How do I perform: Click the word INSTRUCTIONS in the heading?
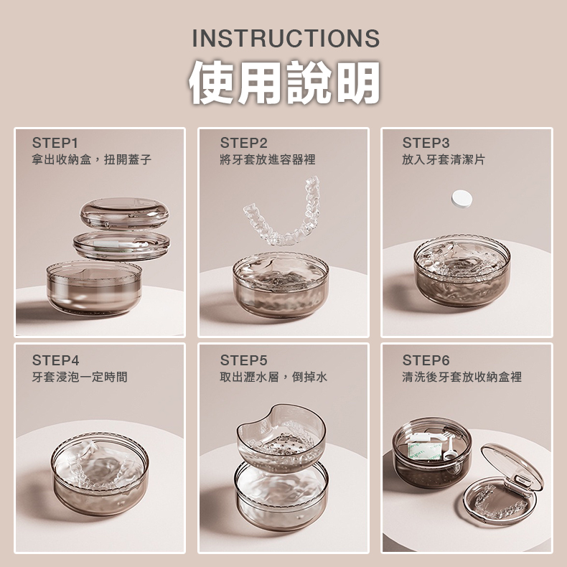[286, 38]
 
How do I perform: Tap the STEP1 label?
[55, 143]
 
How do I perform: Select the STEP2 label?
[243, 143]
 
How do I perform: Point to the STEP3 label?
[426, 143]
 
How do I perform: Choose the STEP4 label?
[55, 360]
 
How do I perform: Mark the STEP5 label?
[243, 360]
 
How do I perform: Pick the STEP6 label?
[426, 360]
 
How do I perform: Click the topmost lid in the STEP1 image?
[123, 212]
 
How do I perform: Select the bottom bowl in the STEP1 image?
[94, 287]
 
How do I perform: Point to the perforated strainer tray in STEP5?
[281, 437]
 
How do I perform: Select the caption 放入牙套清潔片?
[444, 159]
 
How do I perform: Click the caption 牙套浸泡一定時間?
[80, 376]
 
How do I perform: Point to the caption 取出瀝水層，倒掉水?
[273, 376]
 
